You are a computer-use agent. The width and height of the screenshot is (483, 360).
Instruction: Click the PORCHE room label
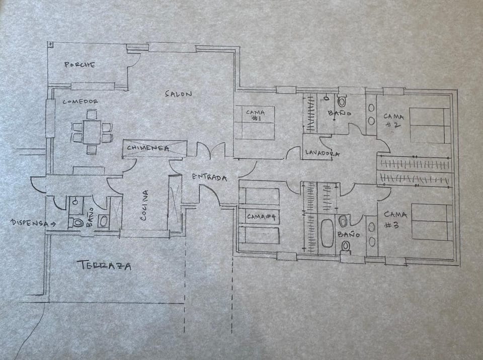tap(80, 65)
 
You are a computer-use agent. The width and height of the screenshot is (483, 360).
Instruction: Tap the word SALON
tap(178, 94)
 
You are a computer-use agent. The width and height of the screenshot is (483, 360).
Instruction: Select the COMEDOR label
tap(80, 102)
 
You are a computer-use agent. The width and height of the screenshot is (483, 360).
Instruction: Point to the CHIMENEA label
tap(147, 148)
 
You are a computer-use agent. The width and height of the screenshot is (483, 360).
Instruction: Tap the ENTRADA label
tap(209, 177)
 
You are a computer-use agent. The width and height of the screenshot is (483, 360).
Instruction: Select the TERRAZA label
tap(104, 265)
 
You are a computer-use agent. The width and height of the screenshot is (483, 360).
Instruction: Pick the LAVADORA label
tap(322, 153)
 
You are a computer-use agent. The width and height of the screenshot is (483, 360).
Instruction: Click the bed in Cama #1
tap(255, 123)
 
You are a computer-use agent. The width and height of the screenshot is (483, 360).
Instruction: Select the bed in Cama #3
tap(430, 222)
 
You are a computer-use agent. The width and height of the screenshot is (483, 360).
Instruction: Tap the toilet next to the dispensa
tap(78, 222)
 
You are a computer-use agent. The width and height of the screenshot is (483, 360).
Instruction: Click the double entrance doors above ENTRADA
tap(210, 151)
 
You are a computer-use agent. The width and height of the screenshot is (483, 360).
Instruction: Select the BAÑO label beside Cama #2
tap(340, 114)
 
